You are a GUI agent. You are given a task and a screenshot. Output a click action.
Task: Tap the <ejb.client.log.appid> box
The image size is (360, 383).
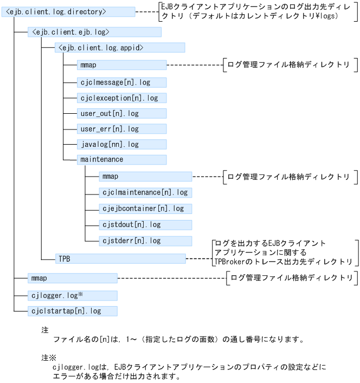point(120,48)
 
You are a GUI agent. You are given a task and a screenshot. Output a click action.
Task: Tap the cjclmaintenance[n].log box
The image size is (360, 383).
point(145,192)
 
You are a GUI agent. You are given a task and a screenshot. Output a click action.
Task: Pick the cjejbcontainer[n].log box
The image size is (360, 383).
point(145,209)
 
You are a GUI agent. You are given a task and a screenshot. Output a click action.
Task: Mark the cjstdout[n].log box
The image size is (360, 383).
point(145,224)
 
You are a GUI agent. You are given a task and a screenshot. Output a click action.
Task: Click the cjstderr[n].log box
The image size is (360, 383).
point(145,241)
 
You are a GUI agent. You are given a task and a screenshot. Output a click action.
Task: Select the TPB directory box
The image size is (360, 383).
point(120,258)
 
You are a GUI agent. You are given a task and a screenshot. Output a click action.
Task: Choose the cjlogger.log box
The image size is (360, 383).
point(72,295)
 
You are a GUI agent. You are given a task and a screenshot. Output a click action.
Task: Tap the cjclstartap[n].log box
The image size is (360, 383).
point(72,311)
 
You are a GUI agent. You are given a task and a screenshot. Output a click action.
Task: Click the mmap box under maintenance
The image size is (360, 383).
point(145,177)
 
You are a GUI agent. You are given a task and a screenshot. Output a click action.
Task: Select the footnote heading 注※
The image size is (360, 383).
point(49,358)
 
